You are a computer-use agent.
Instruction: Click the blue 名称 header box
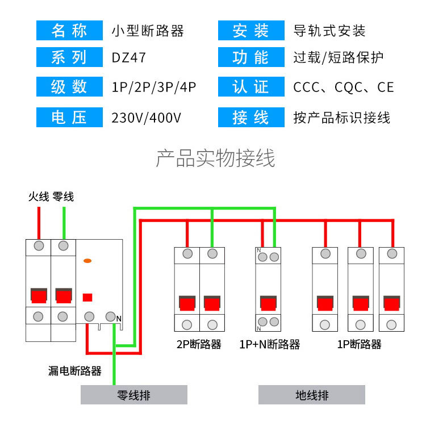tap(69, 31)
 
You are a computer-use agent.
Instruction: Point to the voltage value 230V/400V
tap(147, 118)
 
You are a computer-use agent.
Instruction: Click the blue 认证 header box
tap(251, 87)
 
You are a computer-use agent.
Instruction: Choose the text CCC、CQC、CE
tap(343, 87)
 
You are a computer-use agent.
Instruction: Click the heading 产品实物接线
tap(215, 158)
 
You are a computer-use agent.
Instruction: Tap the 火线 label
tap(39, 197)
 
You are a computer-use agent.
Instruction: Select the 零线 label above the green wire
tap(63, 197)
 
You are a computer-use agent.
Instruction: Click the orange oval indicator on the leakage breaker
tap(87, 261)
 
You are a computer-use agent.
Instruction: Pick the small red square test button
tap(87, 296)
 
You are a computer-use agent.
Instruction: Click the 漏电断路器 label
tap(75, 371)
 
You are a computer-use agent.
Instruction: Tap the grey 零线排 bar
tap(134, 395)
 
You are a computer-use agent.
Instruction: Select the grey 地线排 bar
tap(311, 395)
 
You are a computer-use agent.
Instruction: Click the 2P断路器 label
tap(199, 344)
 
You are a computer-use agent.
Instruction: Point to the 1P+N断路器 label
tap(269, 344)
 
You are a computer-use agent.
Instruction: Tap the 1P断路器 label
tap(359, 344)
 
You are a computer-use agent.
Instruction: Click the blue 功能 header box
tap(251, 58)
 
